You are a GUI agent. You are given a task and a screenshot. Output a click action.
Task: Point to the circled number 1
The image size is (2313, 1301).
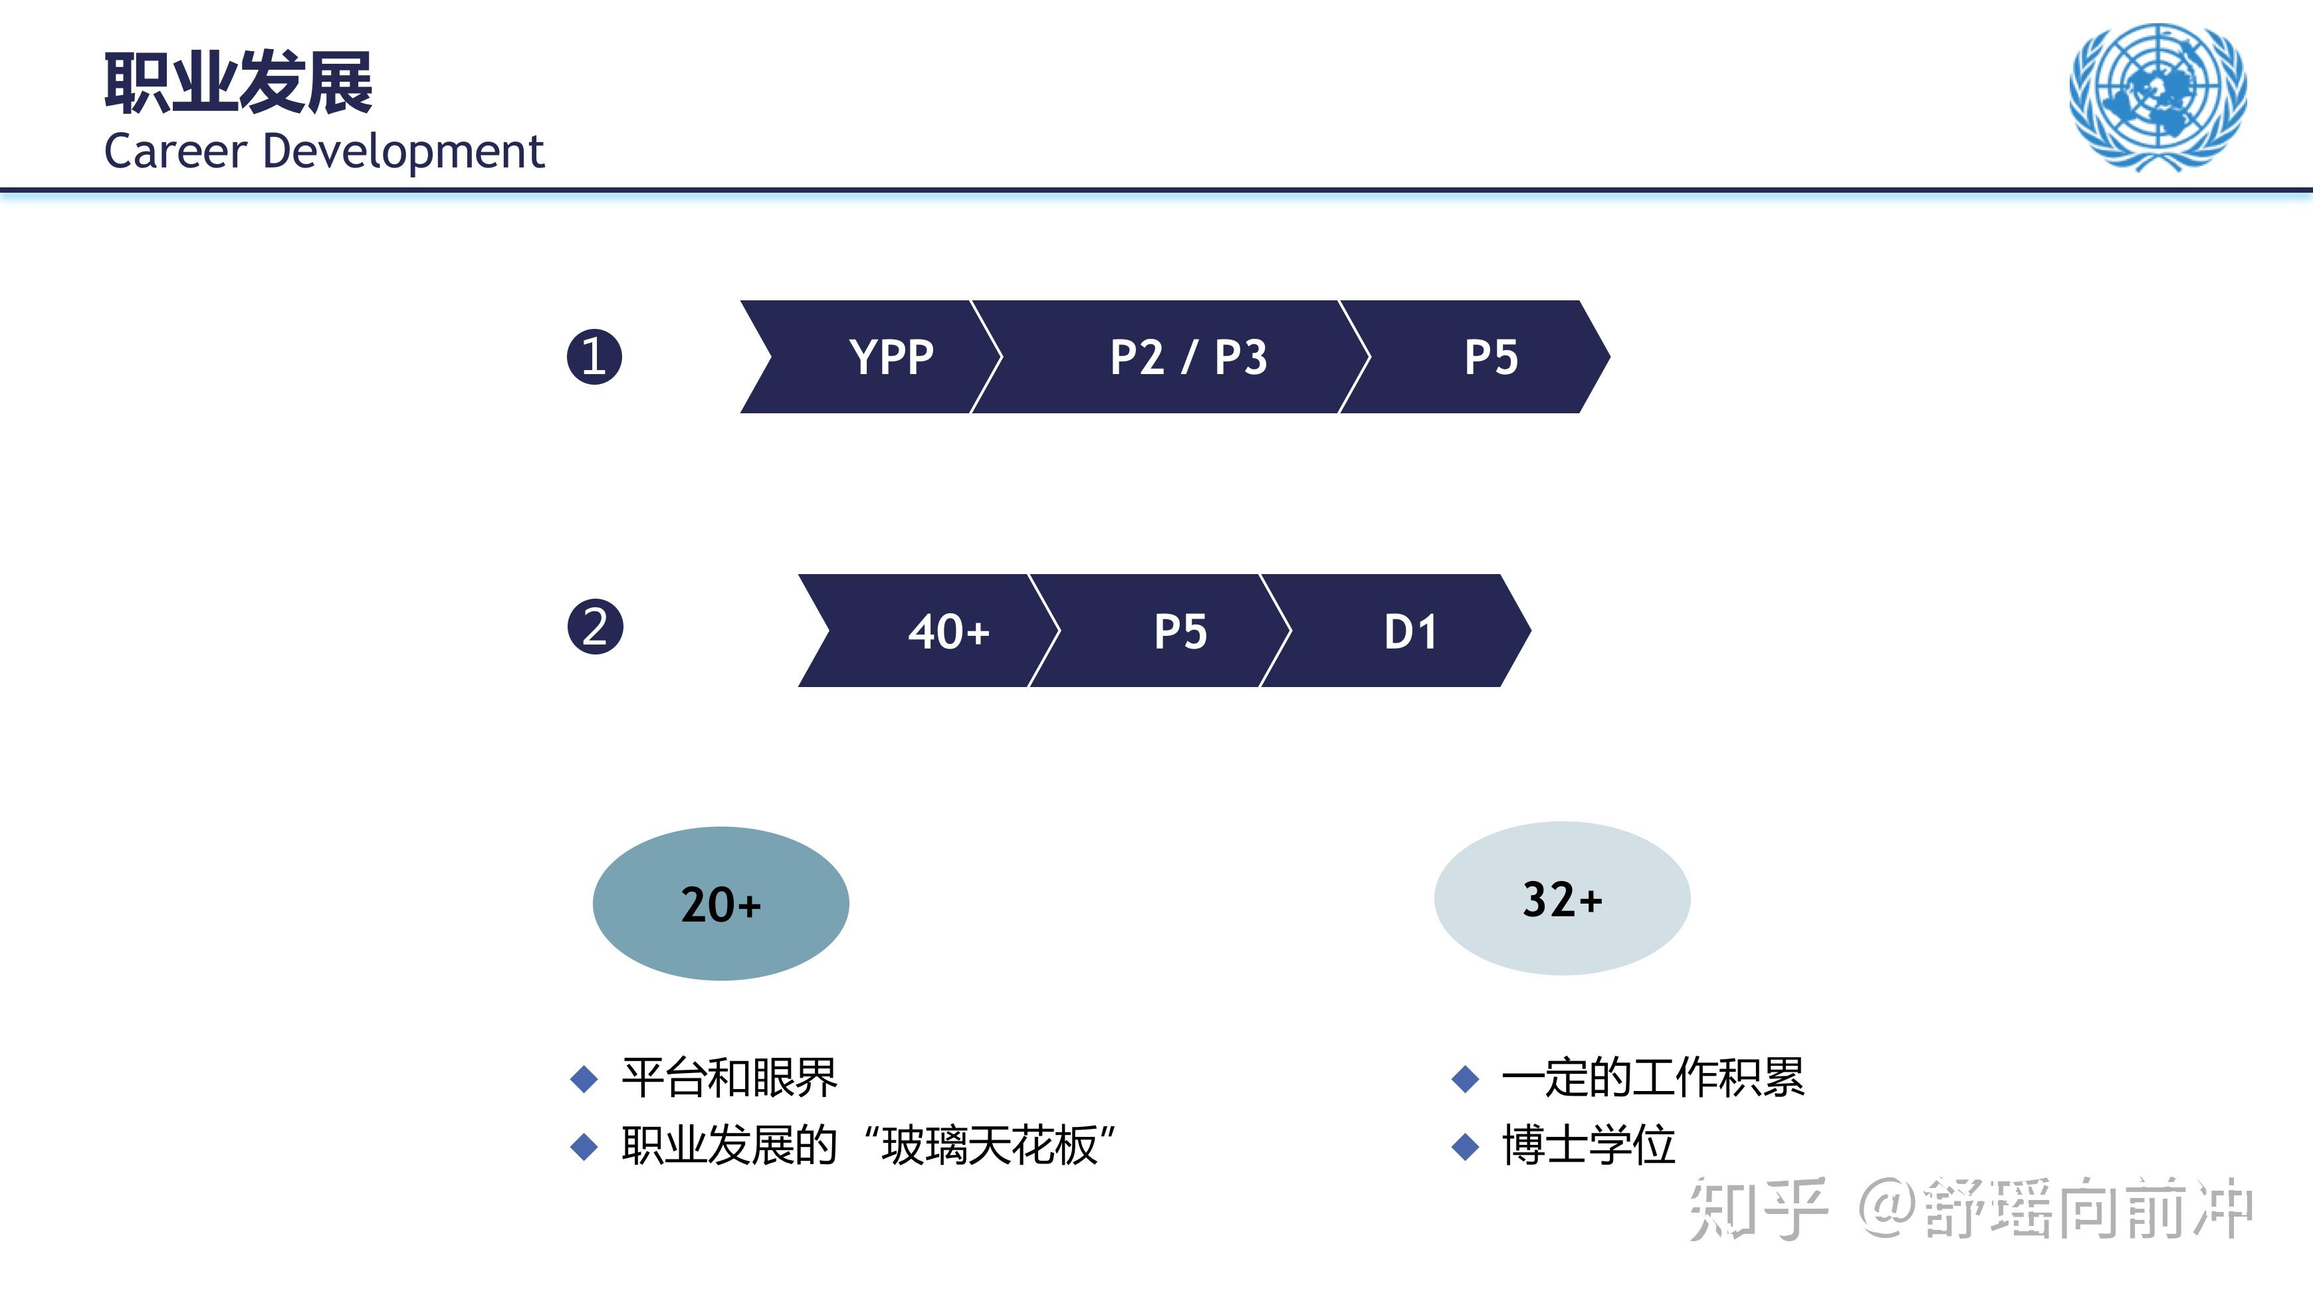pyautogui.click(x=594, y=356)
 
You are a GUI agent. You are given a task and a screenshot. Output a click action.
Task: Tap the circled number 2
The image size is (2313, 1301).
pyautogui.click(x=594, y=627)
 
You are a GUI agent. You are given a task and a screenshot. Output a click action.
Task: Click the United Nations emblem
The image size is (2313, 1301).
pyautogui.click(x=2157, y=96)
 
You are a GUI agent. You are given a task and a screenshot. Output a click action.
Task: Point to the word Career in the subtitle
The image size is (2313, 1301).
pyautogui.click(x=175, y=151)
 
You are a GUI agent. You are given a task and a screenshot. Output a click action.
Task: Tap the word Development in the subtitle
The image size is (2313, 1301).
pyautogui.click(x=403, y=151)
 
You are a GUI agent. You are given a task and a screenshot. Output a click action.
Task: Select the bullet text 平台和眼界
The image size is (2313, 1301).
pyautogui.click(x=729, y=1078)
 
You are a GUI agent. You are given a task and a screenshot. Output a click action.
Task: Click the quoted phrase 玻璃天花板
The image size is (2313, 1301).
pyautogui.click(x=990, y=1146)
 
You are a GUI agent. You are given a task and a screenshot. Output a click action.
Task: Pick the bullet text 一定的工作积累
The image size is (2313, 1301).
pyautogui.click(x=1652, y=1078)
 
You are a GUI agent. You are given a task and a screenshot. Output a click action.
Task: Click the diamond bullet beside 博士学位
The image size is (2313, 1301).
pyautogui.click(x=1466, y=1147)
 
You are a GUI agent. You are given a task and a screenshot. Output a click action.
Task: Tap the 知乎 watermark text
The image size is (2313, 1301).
pyautogui.click(x=1757, y=1209)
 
